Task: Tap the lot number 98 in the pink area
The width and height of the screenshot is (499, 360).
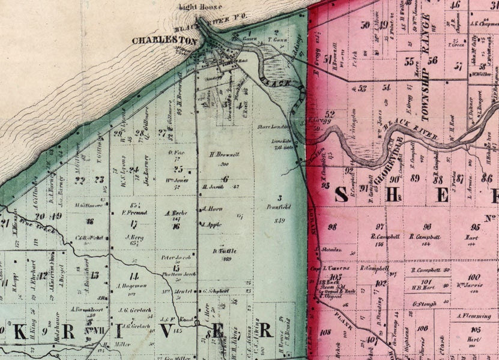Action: [331, 226]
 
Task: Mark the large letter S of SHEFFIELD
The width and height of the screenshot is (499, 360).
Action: [340, 194]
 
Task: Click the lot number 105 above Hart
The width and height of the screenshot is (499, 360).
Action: [475, 330]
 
